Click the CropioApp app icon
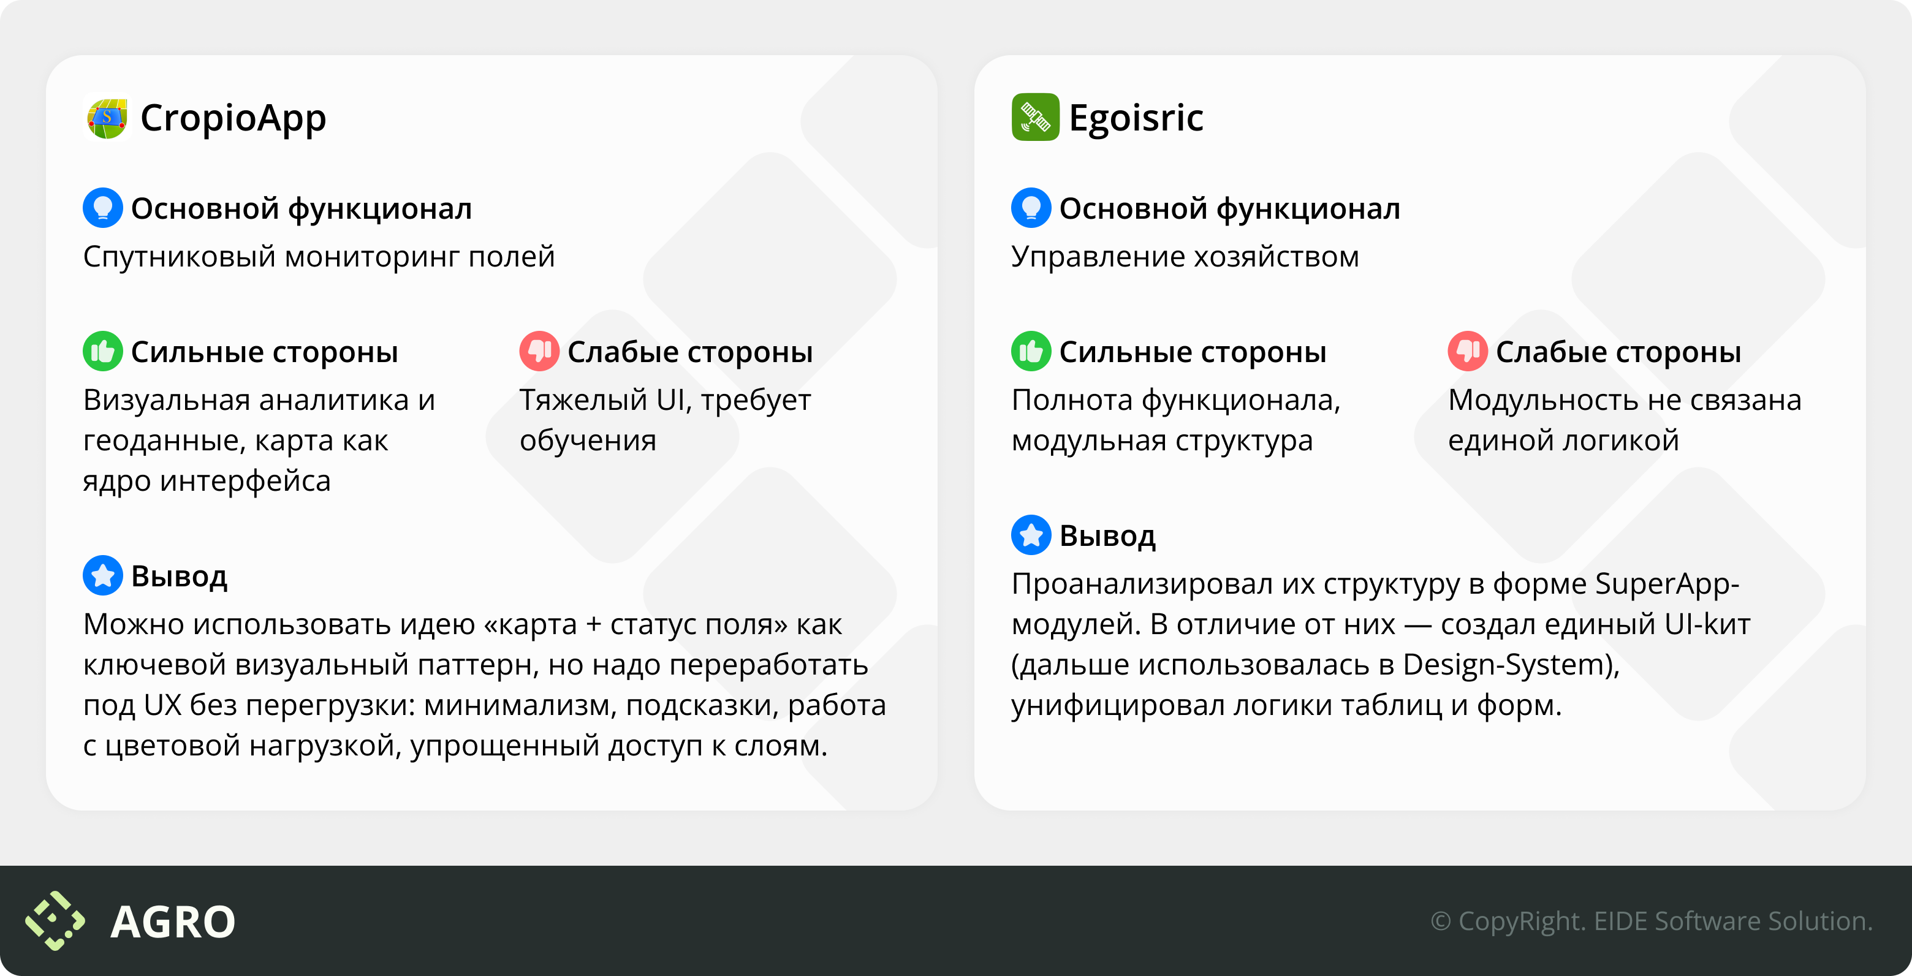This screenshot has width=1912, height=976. tap(107, 117)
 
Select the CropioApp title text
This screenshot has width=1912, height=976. tap(233, 118)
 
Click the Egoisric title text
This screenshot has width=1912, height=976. tap(1136, 118)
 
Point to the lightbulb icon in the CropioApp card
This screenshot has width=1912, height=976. tap(102, 208)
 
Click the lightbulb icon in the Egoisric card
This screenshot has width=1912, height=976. tap(1031, 208)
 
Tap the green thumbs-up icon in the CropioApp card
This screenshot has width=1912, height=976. tap(102, 351)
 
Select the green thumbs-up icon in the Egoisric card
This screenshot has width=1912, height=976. tap(1031, 351)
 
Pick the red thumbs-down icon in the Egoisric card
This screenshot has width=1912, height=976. tap(1468, 351)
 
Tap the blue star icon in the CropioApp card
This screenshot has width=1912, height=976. tap(102, 575)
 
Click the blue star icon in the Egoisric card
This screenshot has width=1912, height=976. tap(1031, 535)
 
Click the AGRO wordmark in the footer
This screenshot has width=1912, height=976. tap(172, 922)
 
